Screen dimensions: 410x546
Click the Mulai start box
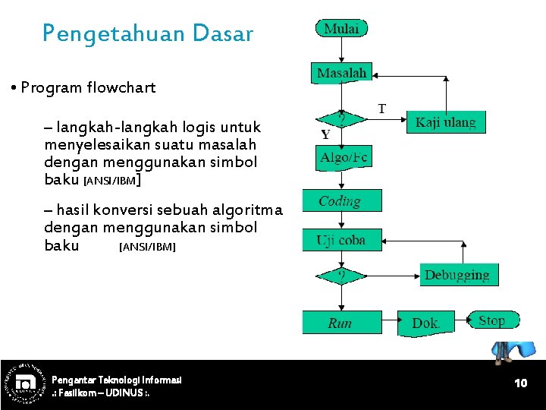(341, 29)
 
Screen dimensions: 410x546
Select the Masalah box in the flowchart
(341, 73)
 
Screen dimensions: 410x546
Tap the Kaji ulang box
(446, 121)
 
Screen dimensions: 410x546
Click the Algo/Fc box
(344, 157)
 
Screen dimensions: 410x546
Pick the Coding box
(340, 201)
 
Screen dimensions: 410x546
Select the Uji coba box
(340, 240)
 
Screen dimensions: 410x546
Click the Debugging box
(458, 275)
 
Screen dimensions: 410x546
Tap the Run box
(340, 323)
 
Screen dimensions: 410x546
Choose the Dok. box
(425, 323)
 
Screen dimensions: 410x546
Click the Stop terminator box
(493, 320)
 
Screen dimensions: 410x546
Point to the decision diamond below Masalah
(342, 119)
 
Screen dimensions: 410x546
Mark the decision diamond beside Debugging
(342, 275)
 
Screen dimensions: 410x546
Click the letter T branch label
(381, 109)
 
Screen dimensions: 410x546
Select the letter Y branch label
(325, 135)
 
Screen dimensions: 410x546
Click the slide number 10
(520, 383)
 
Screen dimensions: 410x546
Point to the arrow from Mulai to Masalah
(342, 50)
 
